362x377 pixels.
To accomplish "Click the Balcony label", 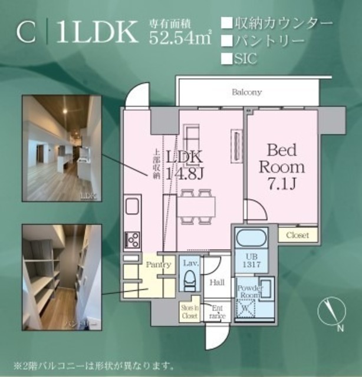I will click(246, 92).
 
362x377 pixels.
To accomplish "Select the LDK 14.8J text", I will click(184, 165).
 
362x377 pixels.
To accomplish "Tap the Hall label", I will click(216, 283).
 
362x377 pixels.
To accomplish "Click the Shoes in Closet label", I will click(189, 311).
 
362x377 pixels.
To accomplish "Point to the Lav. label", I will click(190, 264).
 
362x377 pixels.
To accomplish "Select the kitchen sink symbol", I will click(131, 208).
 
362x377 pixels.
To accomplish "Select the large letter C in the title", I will click(26, 34).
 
